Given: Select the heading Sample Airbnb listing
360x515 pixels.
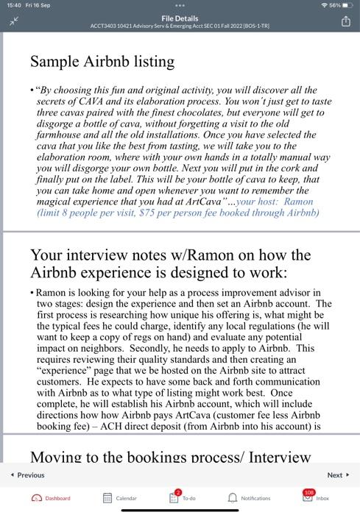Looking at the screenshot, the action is (102, 61).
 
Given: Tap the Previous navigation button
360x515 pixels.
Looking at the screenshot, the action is (28, 475).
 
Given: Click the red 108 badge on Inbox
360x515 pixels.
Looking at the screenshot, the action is (311, 491).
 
